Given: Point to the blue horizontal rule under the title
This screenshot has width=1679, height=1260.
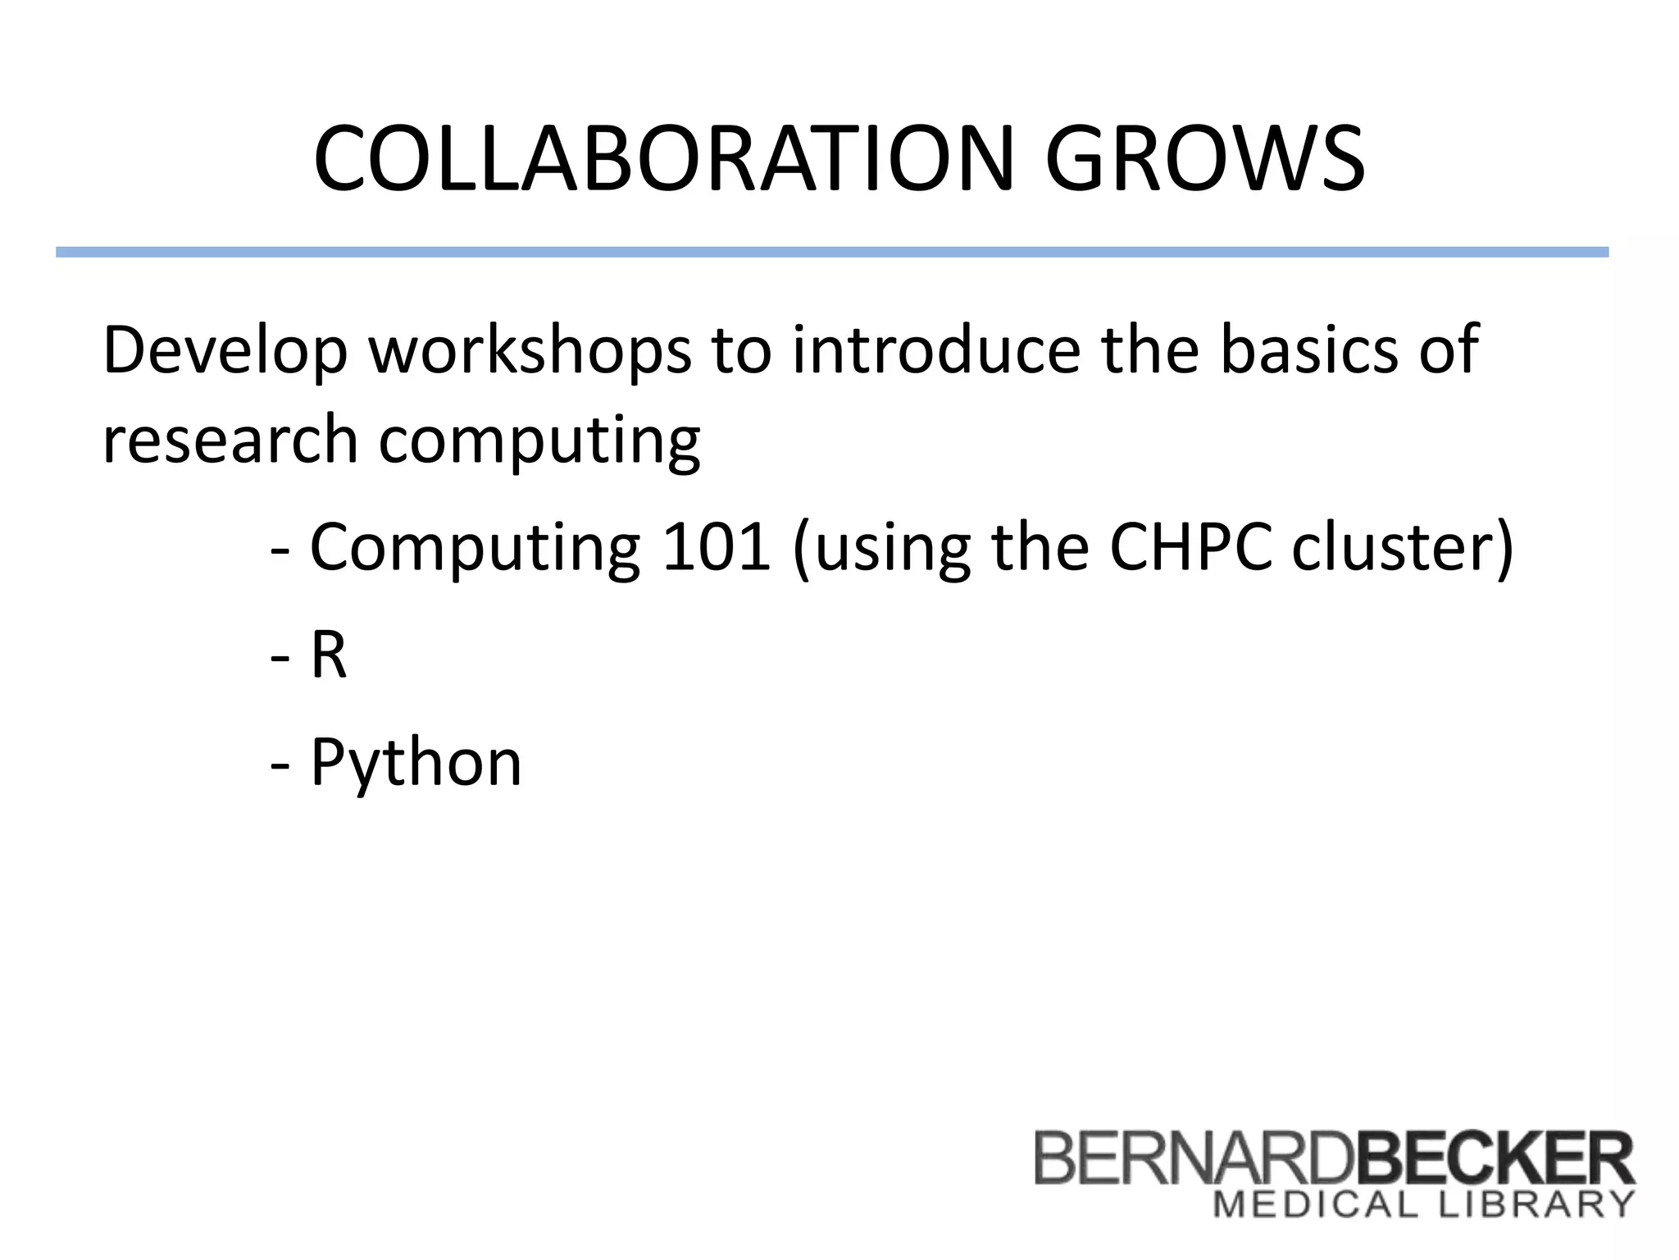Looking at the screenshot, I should [831, 252].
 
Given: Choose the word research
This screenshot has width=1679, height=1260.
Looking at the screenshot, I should [230, 441].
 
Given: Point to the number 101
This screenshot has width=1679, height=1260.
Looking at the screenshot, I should [716, 547].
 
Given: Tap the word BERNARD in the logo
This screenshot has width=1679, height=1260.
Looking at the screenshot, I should [1193, 1158].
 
